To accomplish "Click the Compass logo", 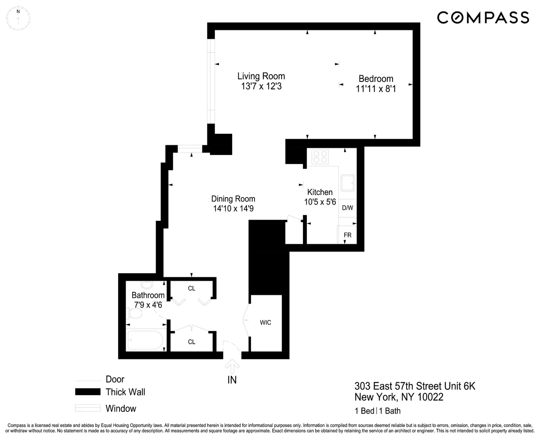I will pyautogui.click(x=483, y=17).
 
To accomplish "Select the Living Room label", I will pyautogui.click(x=261, y=76).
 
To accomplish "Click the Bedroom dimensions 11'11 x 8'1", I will pyautogui.click(x=376, y=88).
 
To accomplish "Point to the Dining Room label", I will pyautogui.click(x=233, y=199).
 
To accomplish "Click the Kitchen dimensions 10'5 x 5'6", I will pyautogui.click(x=320, y=202).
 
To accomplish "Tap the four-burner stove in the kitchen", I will pyautogui.click(x=320, y=157).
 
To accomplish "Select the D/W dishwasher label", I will pyautogui.click(x=347, y=208).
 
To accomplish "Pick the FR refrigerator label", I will pyautogui.click(x=347, y=235).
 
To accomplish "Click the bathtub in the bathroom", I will pyautogui.click(x=145, y=340).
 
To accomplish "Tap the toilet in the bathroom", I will pyautogui.click(x=134, y=314).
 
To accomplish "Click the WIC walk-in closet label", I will pyautogui.click(x=265, y=323).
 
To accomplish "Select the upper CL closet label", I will pyautogui.click(x=192, y=288).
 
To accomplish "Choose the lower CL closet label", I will pyautogui.click(x=192, y=341).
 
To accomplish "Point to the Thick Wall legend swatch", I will pyautogui.click(x=88, y=392).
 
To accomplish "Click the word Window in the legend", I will pyautogui.click(x=121, y=408).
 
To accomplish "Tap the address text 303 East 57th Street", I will pyautogui.click(x=415, y=386).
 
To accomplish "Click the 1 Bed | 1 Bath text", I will pyautogui.click(x=378, y=411).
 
